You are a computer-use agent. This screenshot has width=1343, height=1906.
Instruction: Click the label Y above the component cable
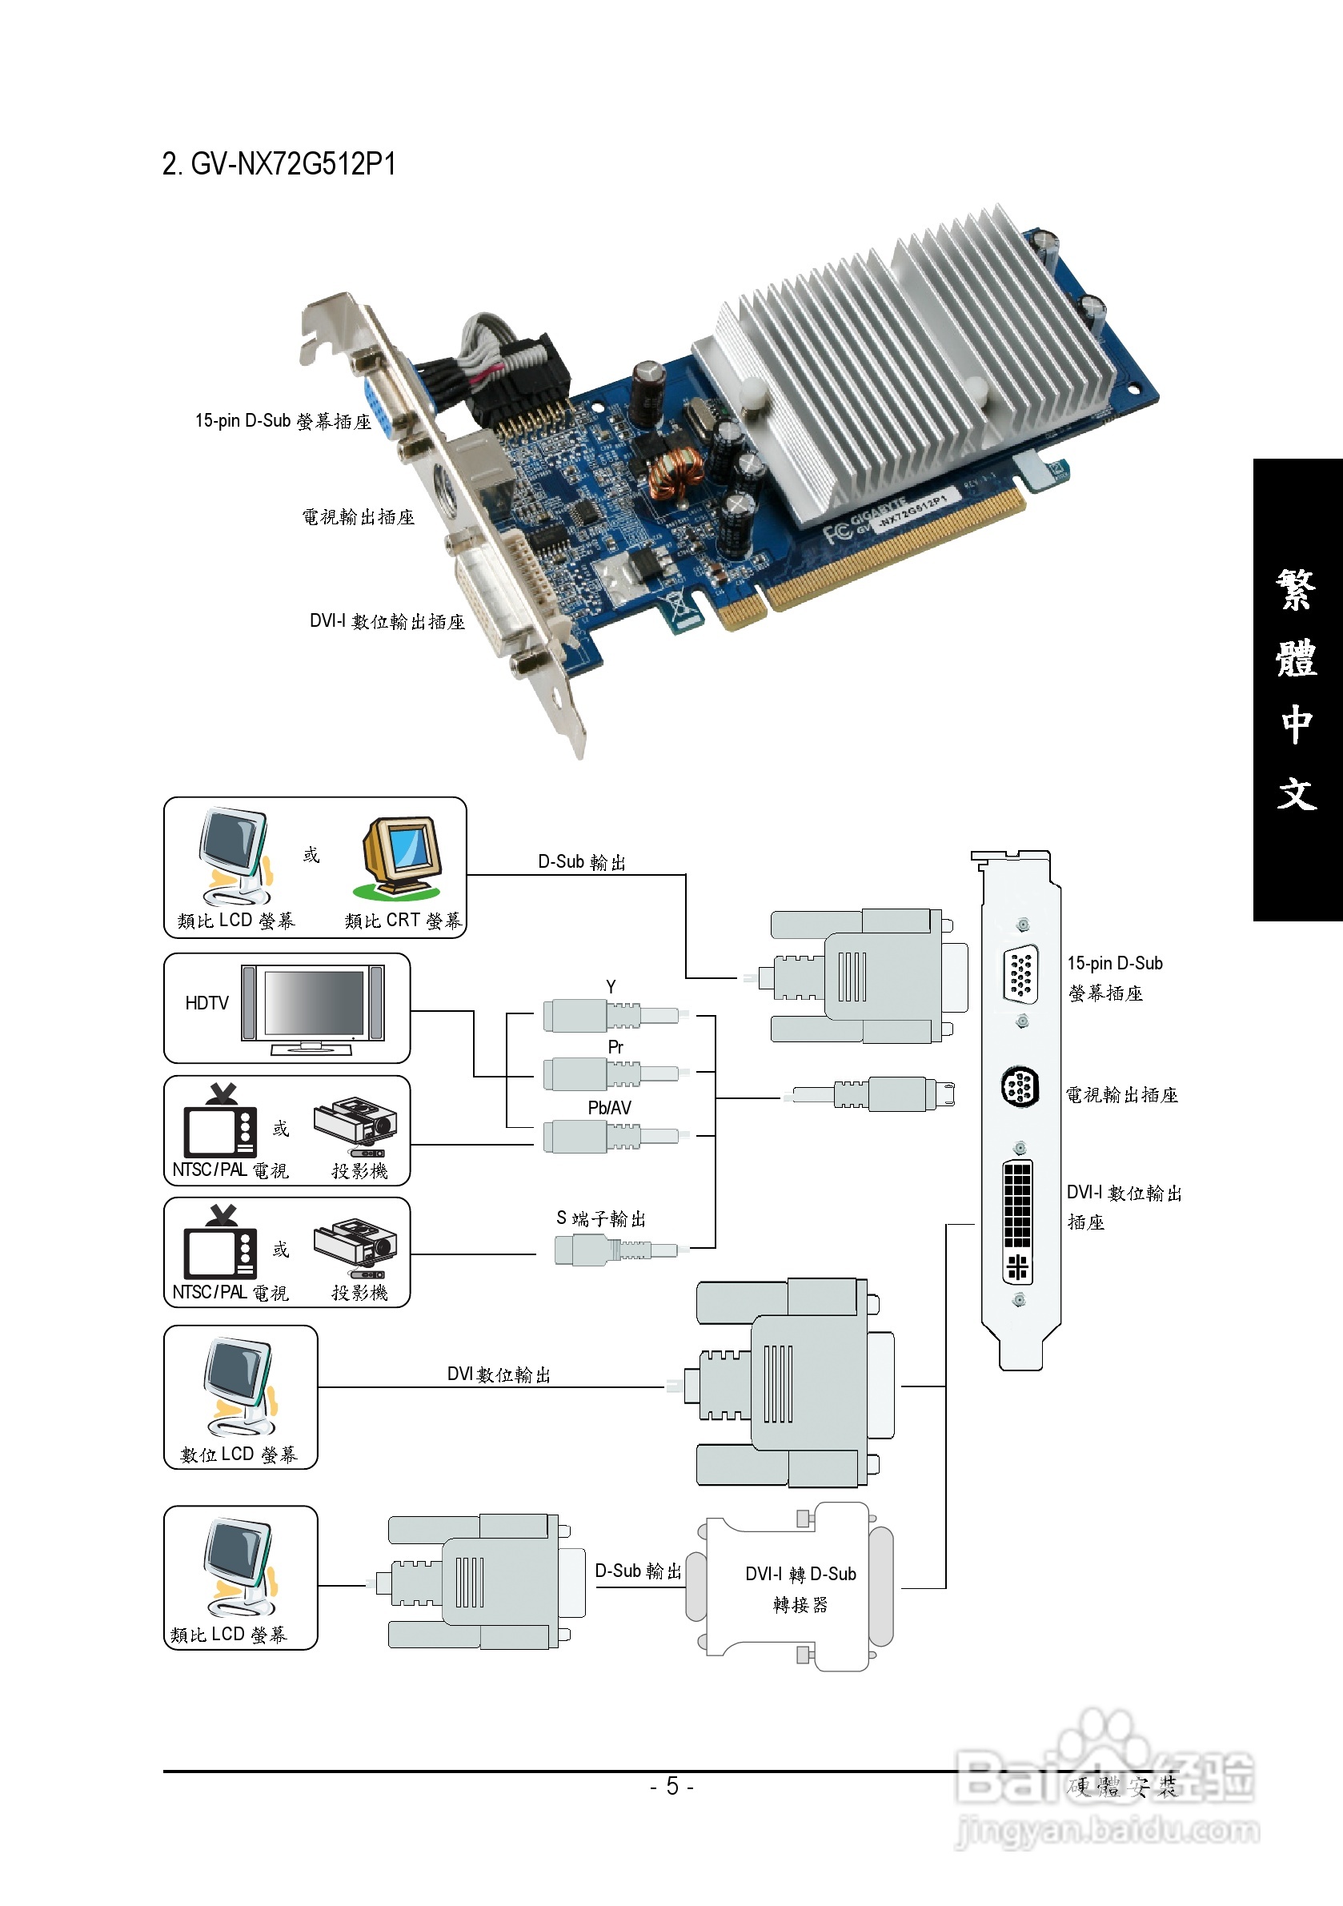coord(611,987)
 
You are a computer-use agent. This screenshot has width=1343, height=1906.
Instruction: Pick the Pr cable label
coord(615,1048)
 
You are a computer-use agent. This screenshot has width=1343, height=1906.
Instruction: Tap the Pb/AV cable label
coord(609,1108)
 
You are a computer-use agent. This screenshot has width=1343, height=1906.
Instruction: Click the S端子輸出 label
coord(601,1218)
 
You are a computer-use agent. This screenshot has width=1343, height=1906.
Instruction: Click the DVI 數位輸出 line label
coord(499,1374)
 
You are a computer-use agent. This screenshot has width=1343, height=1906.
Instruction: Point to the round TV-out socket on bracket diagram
coord(1020,1086)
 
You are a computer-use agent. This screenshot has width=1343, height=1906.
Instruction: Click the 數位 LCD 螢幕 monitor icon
coord(239,1386)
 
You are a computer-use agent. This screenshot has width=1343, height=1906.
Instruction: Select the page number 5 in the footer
coord(672,1786)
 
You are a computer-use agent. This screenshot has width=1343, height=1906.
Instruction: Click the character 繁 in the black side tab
coord(1297,590)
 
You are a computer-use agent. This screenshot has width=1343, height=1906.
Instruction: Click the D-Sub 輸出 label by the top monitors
coord(582,862)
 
